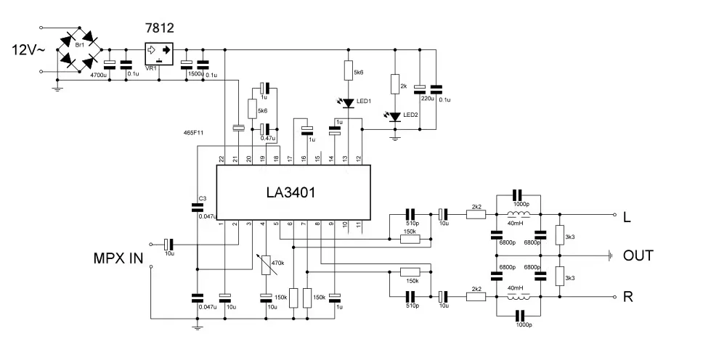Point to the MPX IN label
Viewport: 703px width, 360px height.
[x=118, y=258]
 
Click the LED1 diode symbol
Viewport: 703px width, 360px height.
[x=349, y=103]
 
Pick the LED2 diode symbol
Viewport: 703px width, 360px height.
[x=394, y=116]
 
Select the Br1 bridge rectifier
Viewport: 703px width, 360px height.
[x=79, y=50]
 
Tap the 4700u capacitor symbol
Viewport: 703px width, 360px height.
[x=109, y=62]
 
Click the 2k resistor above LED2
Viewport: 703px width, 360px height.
[x=394, y=84]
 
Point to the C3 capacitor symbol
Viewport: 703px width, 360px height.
[x=197, y=208]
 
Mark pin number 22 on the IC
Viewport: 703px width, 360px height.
[x=222, y=158]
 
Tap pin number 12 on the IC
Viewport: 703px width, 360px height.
[x=358, y=158]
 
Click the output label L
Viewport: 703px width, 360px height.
[x=627, y=216]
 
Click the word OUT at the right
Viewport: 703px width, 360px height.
[x=638, y=256]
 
